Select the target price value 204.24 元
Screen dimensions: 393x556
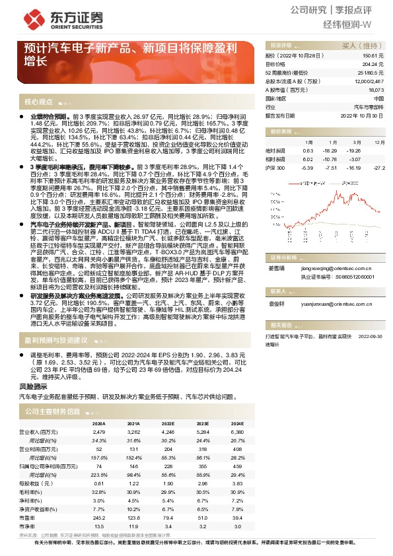[374, 64]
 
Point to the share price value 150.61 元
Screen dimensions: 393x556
[374, 56]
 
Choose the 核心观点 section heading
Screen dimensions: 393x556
[38, 102]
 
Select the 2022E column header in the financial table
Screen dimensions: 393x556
[168, 423]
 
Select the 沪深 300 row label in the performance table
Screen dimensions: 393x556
[275, 168]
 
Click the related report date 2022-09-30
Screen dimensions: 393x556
[370, 336]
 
